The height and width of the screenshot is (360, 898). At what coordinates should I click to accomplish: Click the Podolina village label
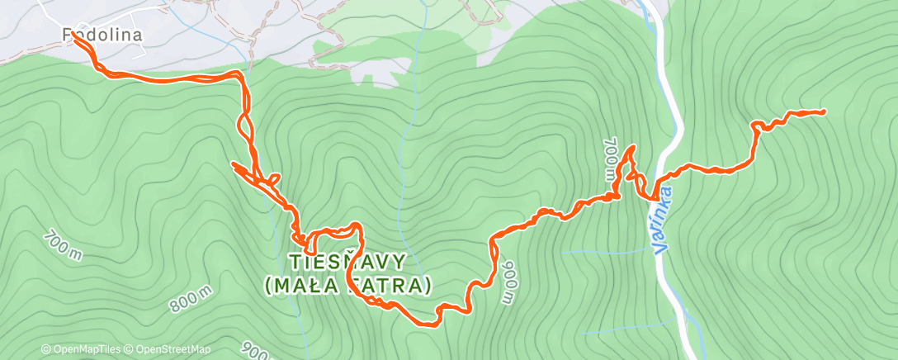(103, 35)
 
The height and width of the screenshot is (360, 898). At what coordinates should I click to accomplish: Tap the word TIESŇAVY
(347, 262)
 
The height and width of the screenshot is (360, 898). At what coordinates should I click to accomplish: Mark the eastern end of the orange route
(823, 111)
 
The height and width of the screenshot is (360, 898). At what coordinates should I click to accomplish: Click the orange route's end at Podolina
(75, 35)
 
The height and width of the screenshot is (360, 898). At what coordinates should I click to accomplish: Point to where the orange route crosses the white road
(657, 197)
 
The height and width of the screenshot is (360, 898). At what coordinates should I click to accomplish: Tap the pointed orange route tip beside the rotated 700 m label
(633, 147)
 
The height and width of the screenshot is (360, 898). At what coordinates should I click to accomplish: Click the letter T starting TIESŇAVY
(294, 262)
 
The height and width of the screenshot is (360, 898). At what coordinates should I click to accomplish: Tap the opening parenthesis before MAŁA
(270, 287)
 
